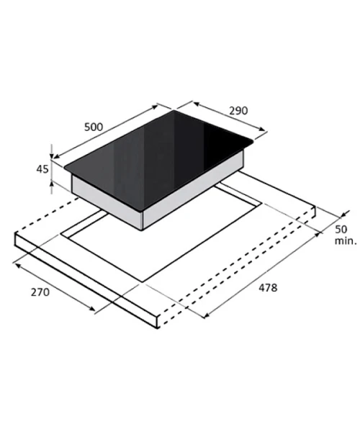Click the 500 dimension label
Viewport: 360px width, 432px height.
94,127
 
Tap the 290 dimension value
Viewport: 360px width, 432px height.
238,111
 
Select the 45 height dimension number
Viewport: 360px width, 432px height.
42,169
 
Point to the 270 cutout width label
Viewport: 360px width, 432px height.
40,292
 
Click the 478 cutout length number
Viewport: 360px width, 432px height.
268,287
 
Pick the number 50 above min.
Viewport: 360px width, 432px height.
341,229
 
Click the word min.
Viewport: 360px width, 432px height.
346,240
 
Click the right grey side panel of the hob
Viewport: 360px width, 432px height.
194,190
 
